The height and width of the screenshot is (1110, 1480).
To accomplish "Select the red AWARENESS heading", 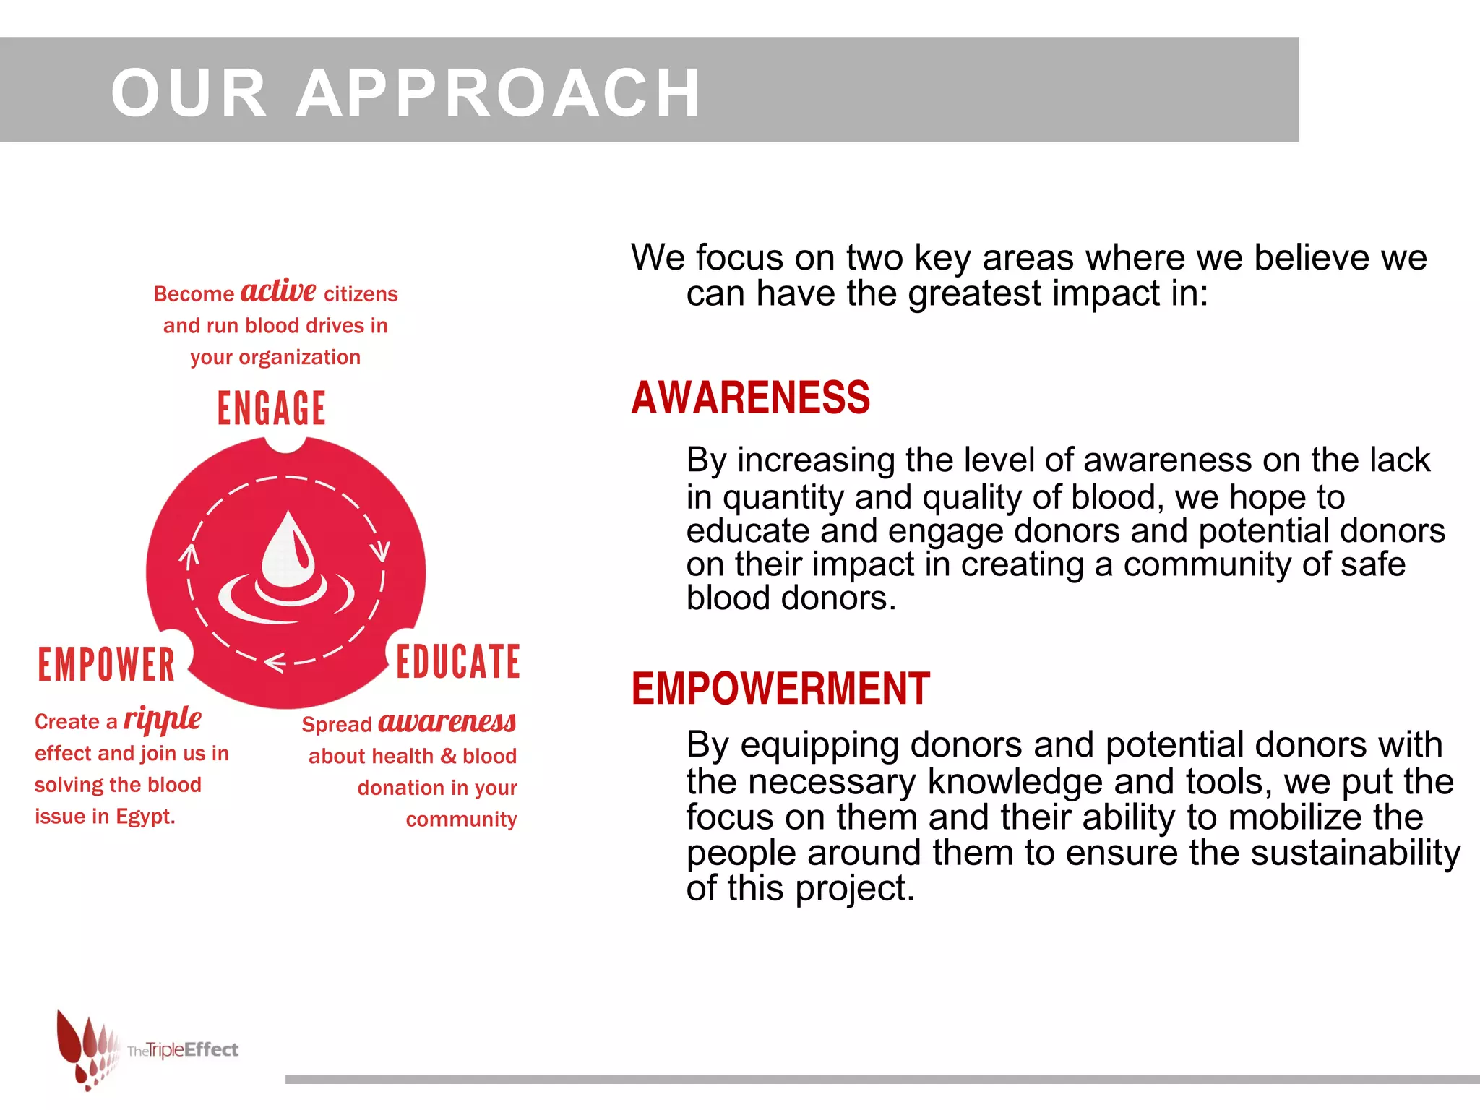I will click(750, 397).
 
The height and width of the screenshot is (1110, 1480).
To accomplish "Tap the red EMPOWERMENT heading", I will click(780, 688).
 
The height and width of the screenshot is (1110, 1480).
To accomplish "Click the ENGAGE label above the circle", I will click(272, 408).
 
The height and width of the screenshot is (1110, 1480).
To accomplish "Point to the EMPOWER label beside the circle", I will click(106, 665).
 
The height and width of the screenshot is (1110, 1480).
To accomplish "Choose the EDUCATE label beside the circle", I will click(458, 662).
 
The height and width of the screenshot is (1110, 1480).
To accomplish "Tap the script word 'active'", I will click(277, 291).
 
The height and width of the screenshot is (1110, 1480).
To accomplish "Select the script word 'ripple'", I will click(162, 719).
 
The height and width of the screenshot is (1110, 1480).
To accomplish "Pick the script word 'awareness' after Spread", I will click(447, 722).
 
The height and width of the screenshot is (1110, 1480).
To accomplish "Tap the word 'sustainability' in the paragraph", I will click(1356, 853).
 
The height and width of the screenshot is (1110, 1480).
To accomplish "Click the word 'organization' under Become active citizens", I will click(299, 358).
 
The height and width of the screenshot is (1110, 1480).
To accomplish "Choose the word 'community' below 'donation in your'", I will click(461, 819).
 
